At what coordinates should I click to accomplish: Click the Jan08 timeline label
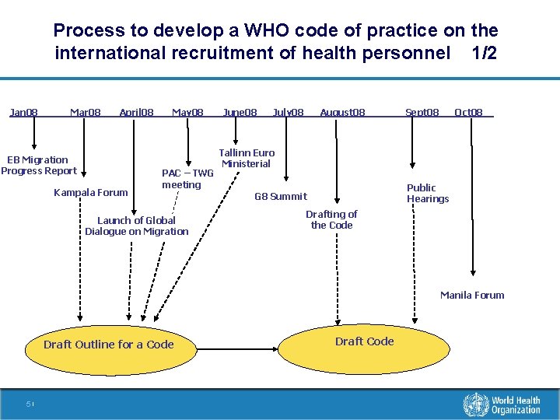point(23,112)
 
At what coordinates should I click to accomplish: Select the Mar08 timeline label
point(85,112)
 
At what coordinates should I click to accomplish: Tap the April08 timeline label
point(136,112)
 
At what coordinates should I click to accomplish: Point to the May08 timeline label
point(187,112)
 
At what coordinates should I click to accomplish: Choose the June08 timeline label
point(240,112)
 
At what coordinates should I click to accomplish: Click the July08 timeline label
point(288,112)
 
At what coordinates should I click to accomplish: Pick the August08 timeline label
point(342,112)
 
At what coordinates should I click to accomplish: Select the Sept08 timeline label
point(422,112)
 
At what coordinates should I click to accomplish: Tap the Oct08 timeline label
point(468,112)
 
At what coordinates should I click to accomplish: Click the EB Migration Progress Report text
point(38,166)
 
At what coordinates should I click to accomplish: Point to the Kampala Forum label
point(90,193)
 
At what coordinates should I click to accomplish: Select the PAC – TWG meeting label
point(187,179)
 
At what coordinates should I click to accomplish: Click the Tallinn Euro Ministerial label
point(247,158)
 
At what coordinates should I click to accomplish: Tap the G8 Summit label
point(281,197)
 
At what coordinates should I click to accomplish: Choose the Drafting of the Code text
point(331,219)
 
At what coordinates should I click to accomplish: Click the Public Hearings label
point(427,194)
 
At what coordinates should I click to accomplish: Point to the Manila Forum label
point(472,295)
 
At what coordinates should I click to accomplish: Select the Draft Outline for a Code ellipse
point(109,345)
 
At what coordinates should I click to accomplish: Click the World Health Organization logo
point(502,404)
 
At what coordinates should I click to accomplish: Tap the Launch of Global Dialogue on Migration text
point(136,226)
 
